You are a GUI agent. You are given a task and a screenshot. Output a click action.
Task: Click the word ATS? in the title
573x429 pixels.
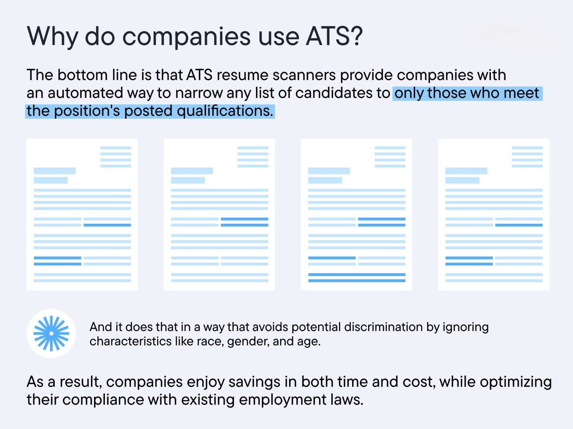click(334, 36)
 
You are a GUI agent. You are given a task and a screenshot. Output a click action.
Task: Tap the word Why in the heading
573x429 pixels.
click(52, 36)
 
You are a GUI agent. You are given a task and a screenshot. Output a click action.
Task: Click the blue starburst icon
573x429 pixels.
click(51, 333)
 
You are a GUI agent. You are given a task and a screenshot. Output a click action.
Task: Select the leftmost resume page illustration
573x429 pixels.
click(82, 214)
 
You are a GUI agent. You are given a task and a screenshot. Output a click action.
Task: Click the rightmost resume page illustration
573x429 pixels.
click(494, 214)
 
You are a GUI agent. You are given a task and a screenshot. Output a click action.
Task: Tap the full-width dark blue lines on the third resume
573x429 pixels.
click(357, 277)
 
